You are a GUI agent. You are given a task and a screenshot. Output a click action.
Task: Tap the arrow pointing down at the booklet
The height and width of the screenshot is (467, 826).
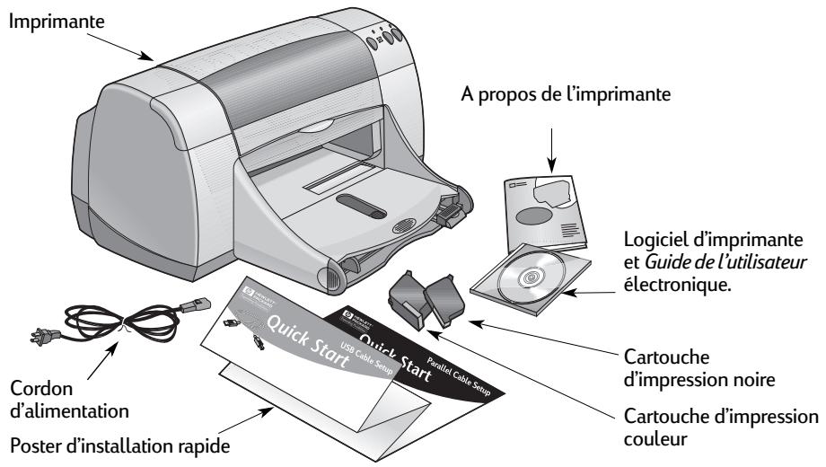click(551, 140)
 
